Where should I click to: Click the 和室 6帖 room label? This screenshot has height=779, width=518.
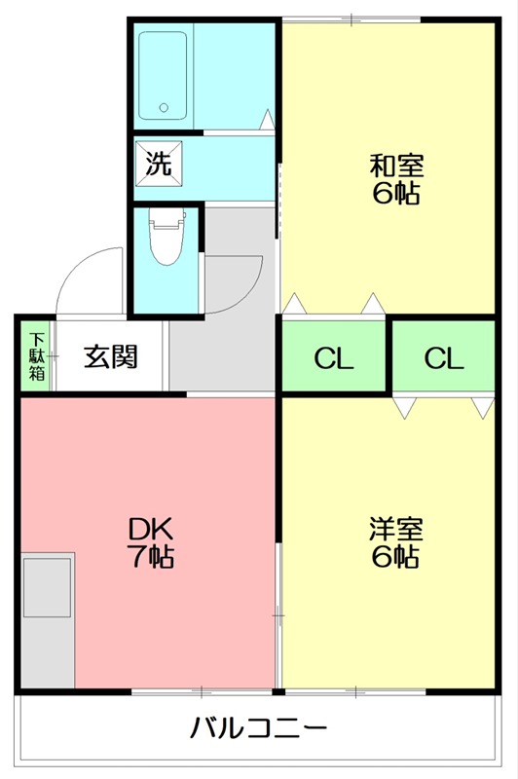(394, 179)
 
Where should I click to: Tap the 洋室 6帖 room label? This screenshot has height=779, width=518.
(394, 542)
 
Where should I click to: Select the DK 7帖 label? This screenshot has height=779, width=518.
(151, 542)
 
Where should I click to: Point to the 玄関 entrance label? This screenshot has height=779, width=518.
(109, 356)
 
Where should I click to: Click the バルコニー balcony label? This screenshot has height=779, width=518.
(258, 727)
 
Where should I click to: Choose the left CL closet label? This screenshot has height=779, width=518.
(333, 358)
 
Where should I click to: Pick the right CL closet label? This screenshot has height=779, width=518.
(443, 358)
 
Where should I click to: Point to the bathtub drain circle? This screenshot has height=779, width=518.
(164, 108)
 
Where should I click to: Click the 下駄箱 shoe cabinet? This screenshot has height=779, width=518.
(36, 356)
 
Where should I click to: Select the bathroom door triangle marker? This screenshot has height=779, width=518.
(266, 121)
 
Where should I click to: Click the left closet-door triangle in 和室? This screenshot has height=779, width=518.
(295, 305)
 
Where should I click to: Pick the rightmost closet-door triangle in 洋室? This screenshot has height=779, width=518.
(482, 407)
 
